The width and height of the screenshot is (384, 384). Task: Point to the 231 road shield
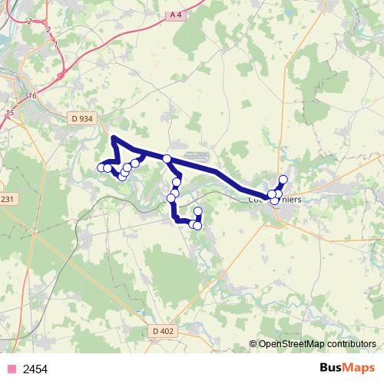pyautogui.click(x=7, y=200)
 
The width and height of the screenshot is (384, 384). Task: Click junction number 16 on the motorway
pyautogui.click(x=31, y=96)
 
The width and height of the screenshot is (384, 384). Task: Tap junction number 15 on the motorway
pyautogui.click(x=10, y=113)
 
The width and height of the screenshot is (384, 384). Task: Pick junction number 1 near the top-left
pyautogui.click(x=56, y=45)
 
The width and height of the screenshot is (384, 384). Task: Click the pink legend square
pyautogui.click(x=11, y=369)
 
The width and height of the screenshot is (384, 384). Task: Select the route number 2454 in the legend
pyautogui.click(x=36, y=369)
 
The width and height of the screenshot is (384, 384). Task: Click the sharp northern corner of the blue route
pyautogui.click(x=114, y=137)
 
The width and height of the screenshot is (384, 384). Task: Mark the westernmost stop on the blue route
pyautogui.click(x=101, y=167)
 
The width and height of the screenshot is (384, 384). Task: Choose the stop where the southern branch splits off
pyautogui.click(x=166, y=158)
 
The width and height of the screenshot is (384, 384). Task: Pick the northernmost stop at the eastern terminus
pyautogui.click(x=283, y=180)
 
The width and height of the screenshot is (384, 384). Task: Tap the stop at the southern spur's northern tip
pyautogui.click(x=198, y=210)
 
